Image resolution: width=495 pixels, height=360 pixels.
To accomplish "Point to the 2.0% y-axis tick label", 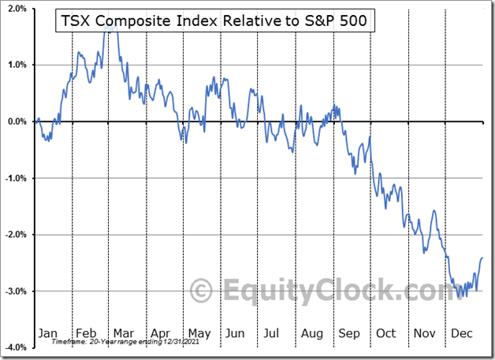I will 17,9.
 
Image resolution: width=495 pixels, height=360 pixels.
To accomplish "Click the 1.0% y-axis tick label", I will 17,65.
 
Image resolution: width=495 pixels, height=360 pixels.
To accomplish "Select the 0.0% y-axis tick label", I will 17,122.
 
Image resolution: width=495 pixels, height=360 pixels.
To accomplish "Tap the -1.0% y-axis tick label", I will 16,179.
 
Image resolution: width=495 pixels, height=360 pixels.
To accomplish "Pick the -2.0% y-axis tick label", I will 16,235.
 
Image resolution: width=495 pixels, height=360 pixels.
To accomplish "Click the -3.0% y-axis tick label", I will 16,291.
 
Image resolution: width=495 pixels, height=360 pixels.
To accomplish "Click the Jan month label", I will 47,333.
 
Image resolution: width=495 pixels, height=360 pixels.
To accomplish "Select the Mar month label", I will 123,333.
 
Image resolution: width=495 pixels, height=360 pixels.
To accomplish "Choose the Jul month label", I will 272,333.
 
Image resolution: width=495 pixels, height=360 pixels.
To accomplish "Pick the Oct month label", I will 385,333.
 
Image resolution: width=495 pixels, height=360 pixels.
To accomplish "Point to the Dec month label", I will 461,333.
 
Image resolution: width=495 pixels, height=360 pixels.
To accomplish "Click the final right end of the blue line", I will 482,258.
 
